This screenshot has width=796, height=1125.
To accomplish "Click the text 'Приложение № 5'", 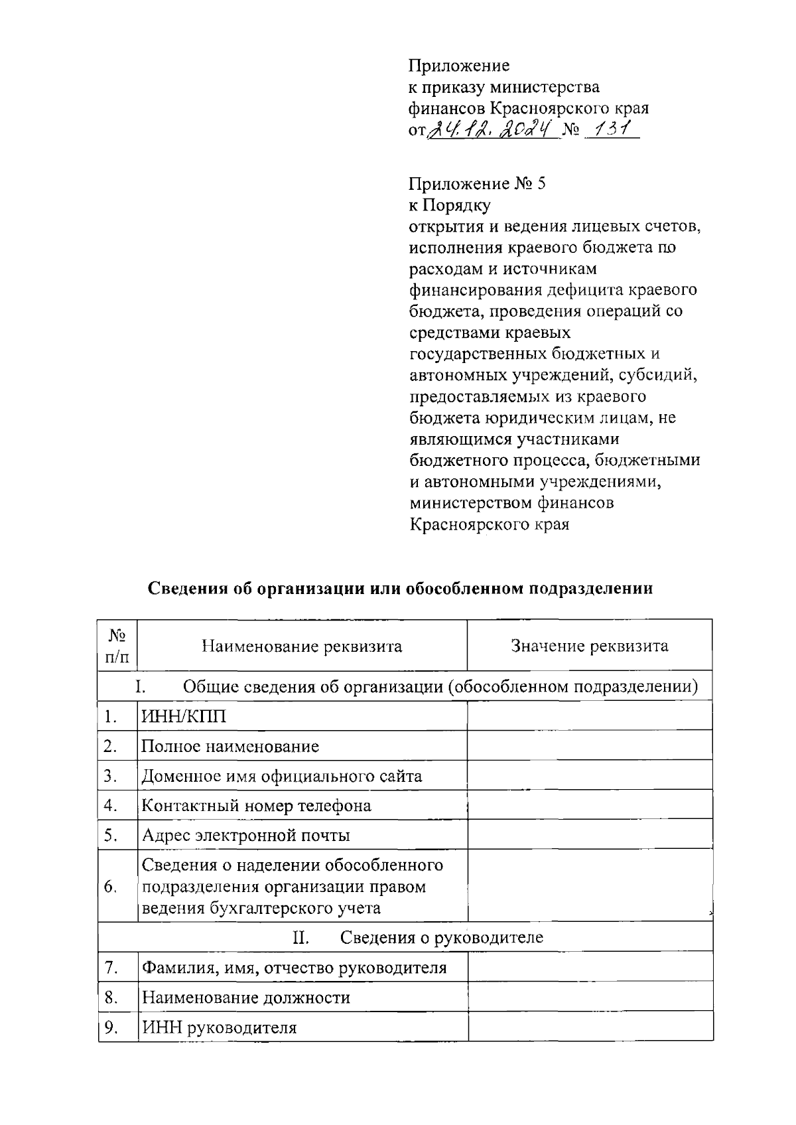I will [x=478, y=184].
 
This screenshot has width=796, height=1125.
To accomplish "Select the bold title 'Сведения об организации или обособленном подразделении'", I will [x=399, y=589].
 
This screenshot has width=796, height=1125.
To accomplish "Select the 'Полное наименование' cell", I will [x=230, y=747].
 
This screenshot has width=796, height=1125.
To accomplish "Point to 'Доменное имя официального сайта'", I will [x=281, y=776].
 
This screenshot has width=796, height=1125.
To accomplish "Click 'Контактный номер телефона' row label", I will [x=256, y=806].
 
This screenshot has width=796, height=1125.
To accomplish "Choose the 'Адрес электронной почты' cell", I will [x=245, y=835].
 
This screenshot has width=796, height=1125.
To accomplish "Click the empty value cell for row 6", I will [x=589, y=887].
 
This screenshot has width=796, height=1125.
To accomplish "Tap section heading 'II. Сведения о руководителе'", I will [x=418, y=937].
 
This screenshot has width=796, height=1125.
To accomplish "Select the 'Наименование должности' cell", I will [x=245, y=998].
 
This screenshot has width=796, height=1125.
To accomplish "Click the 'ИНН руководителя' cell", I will [x=219, y=1028].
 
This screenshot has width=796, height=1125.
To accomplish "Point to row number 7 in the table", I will [x=111, y=968].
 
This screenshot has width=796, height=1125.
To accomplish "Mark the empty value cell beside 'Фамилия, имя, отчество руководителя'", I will [x=589, y=968].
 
